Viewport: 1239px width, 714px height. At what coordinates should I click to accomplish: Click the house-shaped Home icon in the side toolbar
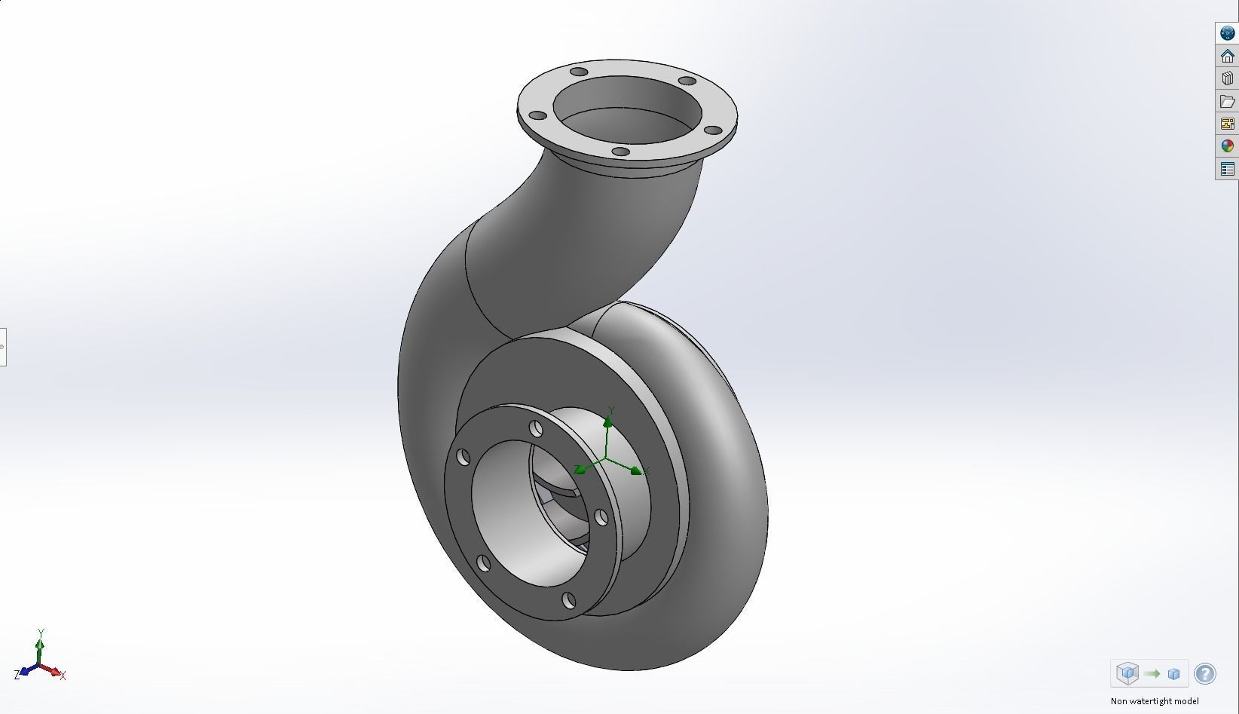[x=1227, y=56]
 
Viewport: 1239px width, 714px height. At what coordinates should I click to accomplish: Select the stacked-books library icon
[x=1227, y=78]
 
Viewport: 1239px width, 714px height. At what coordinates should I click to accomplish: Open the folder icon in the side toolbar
[x=1227, y=101]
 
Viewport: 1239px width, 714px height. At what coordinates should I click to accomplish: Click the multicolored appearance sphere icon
[x=1227, y=146]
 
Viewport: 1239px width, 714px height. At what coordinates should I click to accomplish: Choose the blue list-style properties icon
[x=1227, y=169]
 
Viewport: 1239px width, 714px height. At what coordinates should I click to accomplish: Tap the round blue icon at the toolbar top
[x=1227, y=33]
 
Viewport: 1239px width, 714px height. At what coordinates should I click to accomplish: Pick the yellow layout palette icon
[x=1227, y=124]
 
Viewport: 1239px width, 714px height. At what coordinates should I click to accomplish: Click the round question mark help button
[x=1205, y=673]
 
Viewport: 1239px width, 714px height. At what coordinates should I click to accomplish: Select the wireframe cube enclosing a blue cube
[x=1127, y=673]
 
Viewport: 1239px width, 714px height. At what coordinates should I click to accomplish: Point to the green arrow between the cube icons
[x=1151, y=673]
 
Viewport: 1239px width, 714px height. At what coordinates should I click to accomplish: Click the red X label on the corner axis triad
[x=63, y=676]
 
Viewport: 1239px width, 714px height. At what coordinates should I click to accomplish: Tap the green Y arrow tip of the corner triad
[x=41, y=643]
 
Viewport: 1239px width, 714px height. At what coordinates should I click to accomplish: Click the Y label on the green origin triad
[x=611, y=410]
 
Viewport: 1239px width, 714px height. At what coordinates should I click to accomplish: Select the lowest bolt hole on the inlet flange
[x=568, y=600]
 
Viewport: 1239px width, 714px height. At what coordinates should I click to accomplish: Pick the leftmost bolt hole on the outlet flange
[x=537, y=116]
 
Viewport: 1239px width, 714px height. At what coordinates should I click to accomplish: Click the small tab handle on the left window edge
[x=2, y=347]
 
